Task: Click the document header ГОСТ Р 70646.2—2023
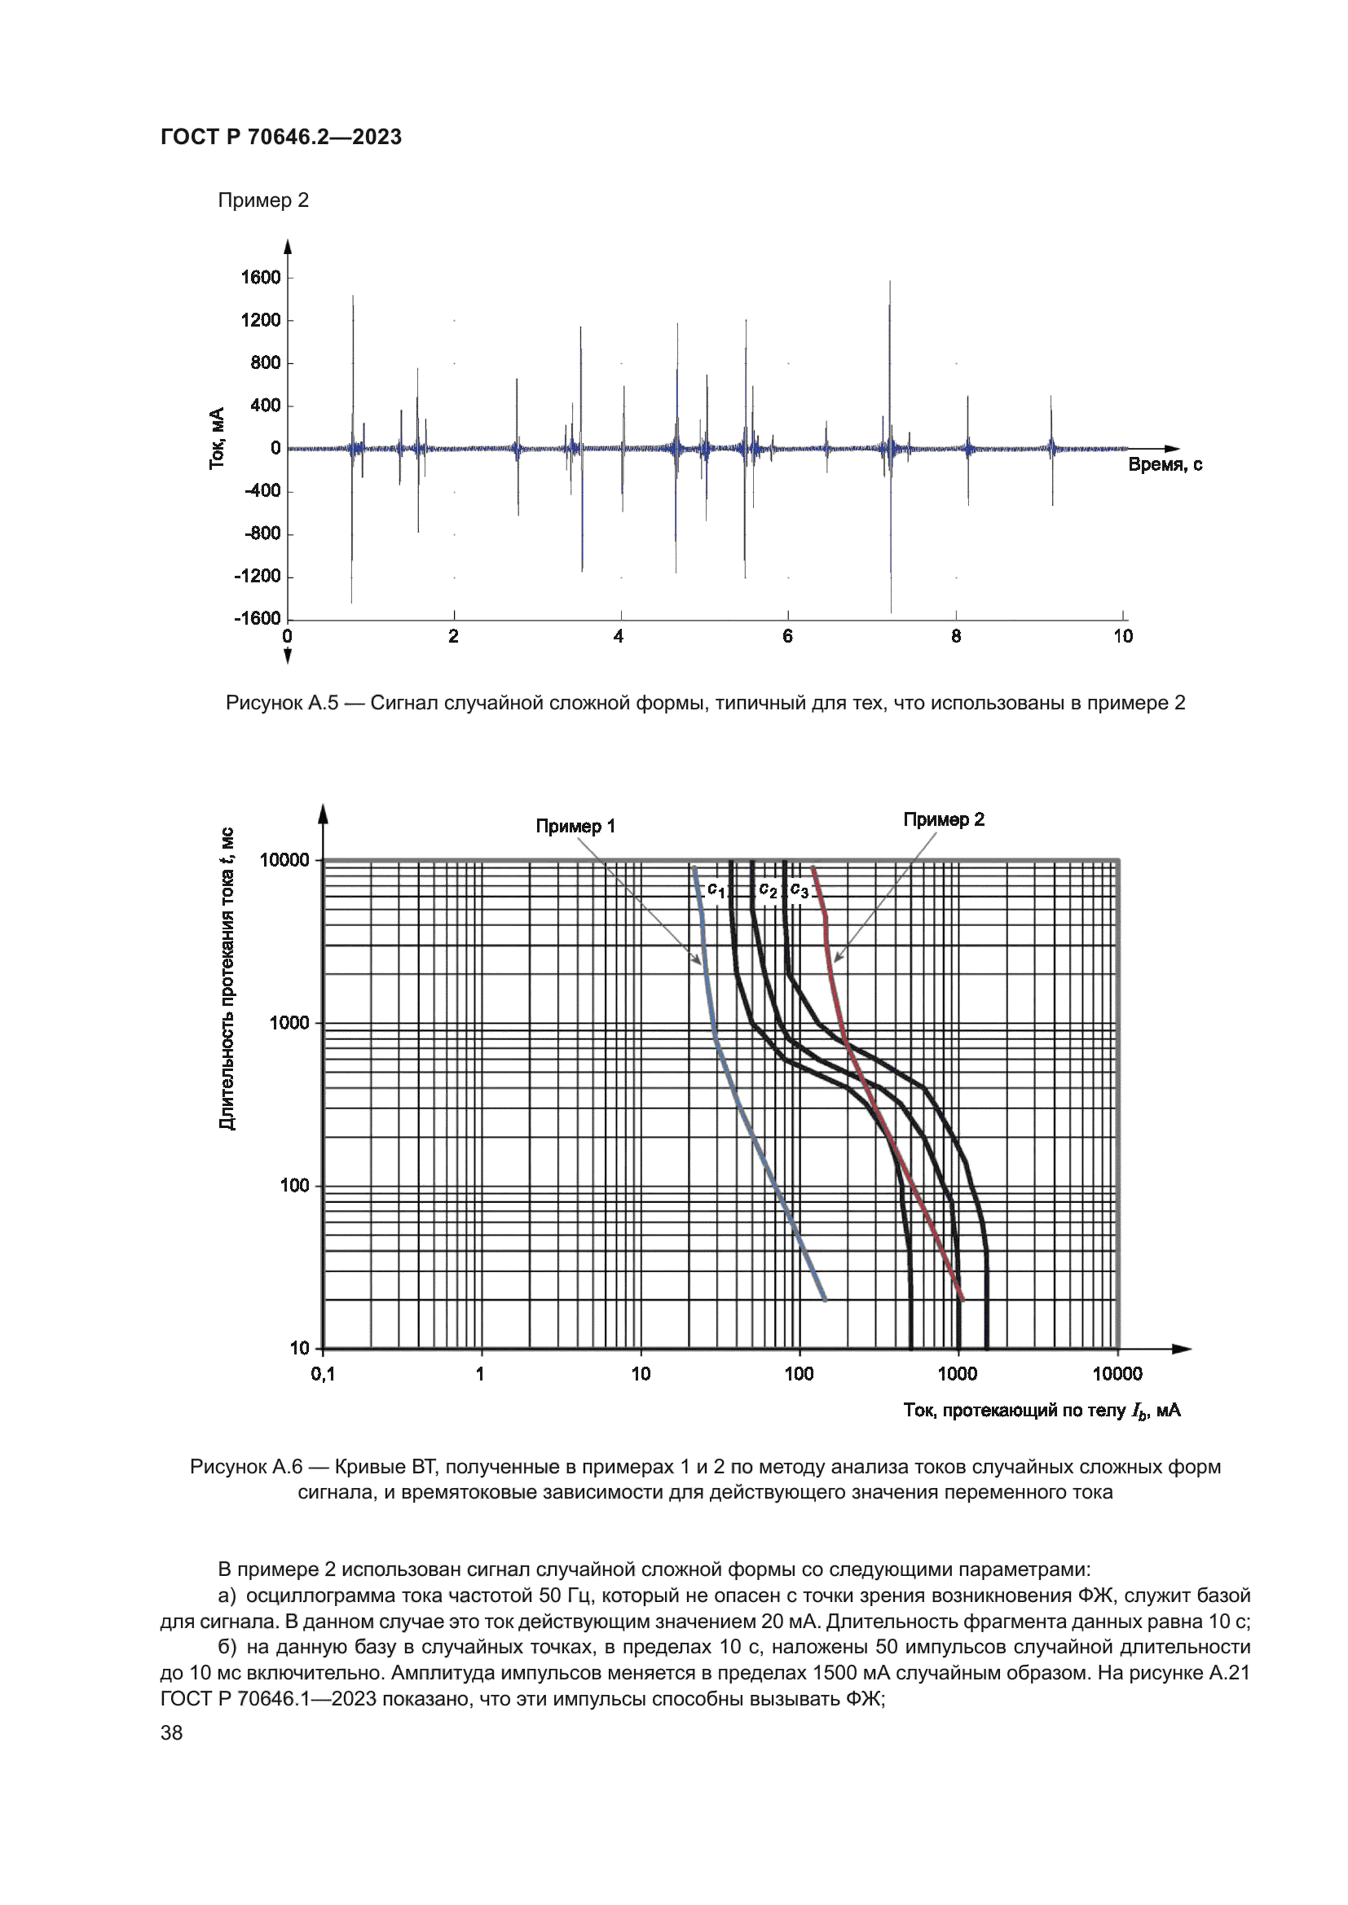point(280,137)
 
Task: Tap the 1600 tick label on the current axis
point(261,277)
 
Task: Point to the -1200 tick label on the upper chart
point(258,576)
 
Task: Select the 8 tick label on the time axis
point(956,636)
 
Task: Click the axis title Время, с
point(1165,464)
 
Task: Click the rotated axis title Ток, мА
point(218,438)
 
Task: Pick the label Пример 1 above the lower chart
point(575,826)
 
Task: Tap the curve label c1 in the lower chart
point(716,890)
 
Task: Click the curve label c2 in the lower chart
point(768,890)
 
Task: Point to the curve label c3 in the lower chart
point(800,890)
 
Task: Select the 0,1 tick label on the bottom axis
point(323,1374)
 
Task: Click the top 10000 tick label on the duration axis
point(284,859)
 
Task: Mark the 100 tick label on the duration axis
point(294,1186)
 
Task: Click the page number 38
point(172,1732)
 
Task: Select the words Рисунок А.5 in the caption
point(282,703)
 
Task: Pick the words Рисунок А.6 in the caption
point(246,1466)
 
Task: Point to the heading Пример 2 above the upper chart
point(263,200)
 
